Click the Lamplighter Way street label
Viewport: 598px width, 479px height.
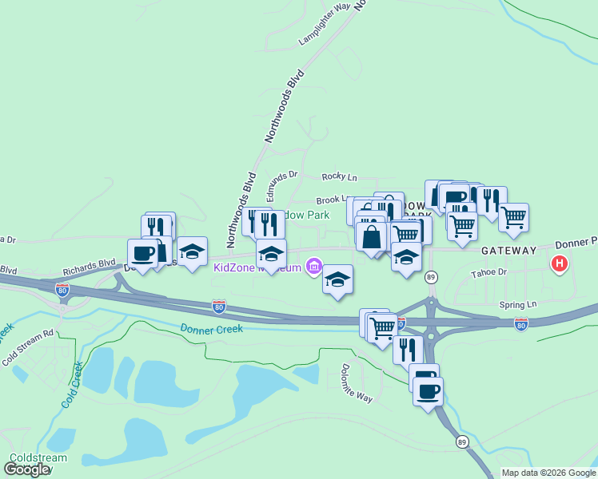click(x=325, y=24)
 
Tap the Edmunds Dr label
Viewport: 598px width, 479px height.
click(x=281, y=184)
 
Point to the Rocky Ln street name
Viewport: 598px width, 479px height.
click(x=339, y=176)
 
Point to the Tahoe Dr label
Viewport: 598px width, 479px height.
click(x=490, y=272)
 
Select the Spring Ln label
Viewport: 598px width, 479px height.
click(x=518, y=304)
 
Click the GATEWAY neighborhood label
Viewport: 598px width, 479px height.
click(x=508, y=251)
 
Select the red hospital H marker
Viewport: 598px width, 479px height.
click(x=560, y=263)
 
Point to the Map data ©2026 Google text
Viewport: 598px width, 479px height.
click(x=548, y=473)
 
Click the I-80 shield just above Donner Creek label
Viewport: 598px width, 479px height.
click(x=218, y=307)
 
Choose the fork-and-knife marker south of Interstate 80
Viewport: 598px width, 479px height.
click(x=408, y=348)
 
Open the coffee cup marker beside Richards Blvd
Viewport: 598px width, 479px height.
click(x=142, y=254)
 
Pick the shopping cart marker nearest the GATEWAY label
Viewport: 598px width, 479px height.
click(x=513, y=216)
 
